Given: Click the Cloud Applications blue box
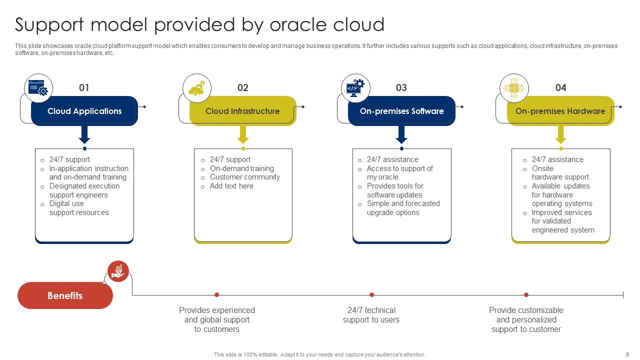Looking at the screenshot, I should click(x=84, y=111).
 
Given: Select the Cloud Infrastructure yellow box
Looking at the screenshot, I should click(x=242, y=111).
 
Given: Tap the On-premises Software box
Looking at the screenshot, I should click(x=401, y=111).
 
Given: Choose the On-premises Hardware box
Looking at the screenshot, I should click(x=560, y=111).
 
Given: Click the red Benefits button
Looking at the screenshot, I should click(x=65, y=295).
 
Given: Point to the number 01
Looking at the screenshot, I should click(x=84, y=88).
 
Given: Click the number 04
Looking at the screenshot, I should click(x=561, y=88).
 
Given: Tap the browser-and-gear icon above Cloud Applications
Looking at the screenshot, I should click(x=38, y=88).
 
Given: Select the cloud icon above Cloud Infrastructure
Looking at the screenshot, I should click(x=197, y=88).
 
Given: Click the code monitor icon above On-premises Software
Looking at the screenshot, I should click(x=355, y=88).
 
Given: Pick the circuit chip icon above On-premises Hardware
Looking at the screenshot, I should click(x=514, y=88).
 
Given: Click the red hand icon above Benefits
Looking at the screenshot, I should click(x=118, y=271).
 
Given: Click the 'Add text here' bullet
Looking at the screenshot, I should click(x=231, y=186).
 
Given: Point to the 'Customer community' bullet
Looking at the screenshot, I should click(x=244, y=177).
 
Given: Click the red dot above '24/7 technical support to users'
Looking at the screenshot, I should click(x=371, y=295).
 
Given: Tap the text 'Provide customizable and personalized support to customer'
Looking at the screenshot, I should click(x=526, y=319).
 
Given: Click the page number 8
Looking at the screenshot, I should click(x=627, y=354).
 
